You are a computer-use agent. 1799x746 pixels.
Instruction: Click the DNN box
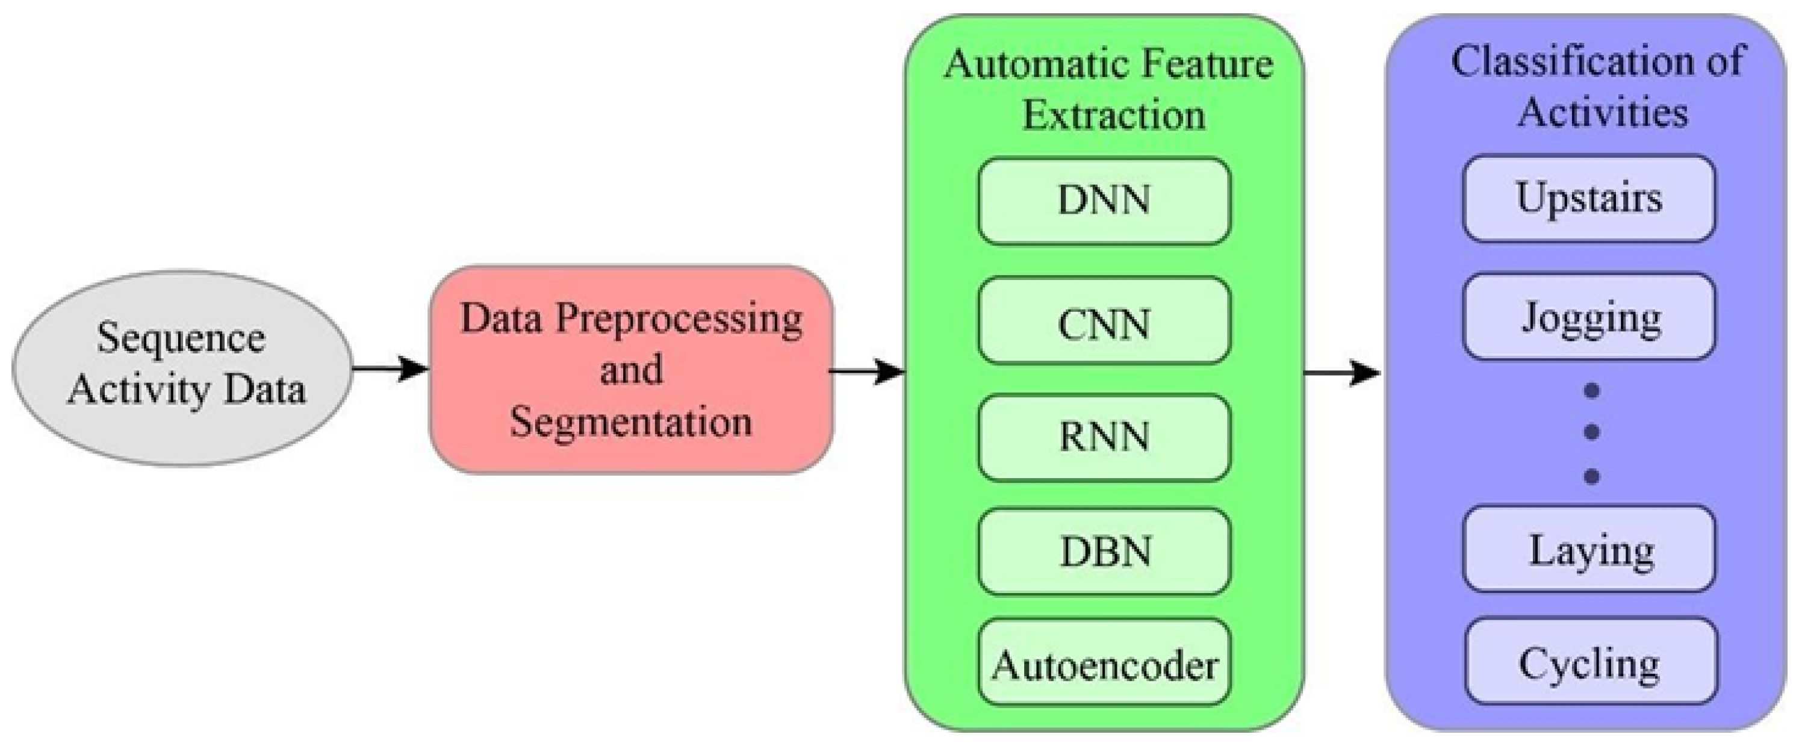point(1104,201)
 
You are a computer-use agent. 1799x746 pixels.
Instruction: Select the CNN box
point(1104,322)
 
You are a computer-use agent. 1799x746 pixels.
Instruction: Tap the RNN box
point(1104,438)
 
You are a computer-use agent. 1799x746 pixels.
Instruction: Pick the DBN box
point(1104,552)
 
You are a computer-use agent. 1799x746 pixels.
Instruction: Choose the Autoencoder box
point(1104,664)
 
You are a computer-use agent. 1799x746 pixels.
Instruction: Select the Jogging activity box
point(1589,318)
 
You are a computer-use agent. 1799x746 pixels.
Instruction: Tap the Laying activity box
point(1589,550)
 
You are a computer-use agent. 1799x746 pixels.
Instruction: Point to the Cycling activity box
point(1590,662)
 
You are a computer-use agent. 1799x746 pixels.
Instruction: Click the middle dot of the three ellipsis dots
point(1591,433)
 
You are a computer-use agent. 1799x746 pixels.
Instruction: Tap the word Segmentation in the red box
point(630,423)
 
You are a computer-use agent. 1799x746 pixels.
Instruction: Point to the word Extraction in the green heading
point(1114,115)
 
